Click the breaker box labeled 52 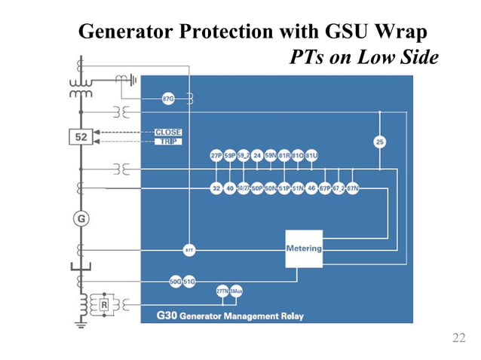(79, 137)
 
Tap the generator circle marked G (79, 218)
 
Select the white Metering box (303, 248)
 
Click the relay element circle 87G (170, 99)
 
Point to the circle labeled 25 (380, 141)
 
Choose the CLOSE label (167, 133)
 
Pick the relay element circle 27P (216, 156)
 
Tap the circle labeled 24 (257, 156)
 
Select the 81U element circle (311, 156)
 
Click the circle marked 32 (216, 188)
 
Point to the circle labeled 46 (311, 188)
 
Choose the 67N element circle (351, 188)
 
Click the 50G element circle (175, 281)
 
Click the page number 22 (458, 338)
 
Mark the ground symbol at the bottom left (79, 326)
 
